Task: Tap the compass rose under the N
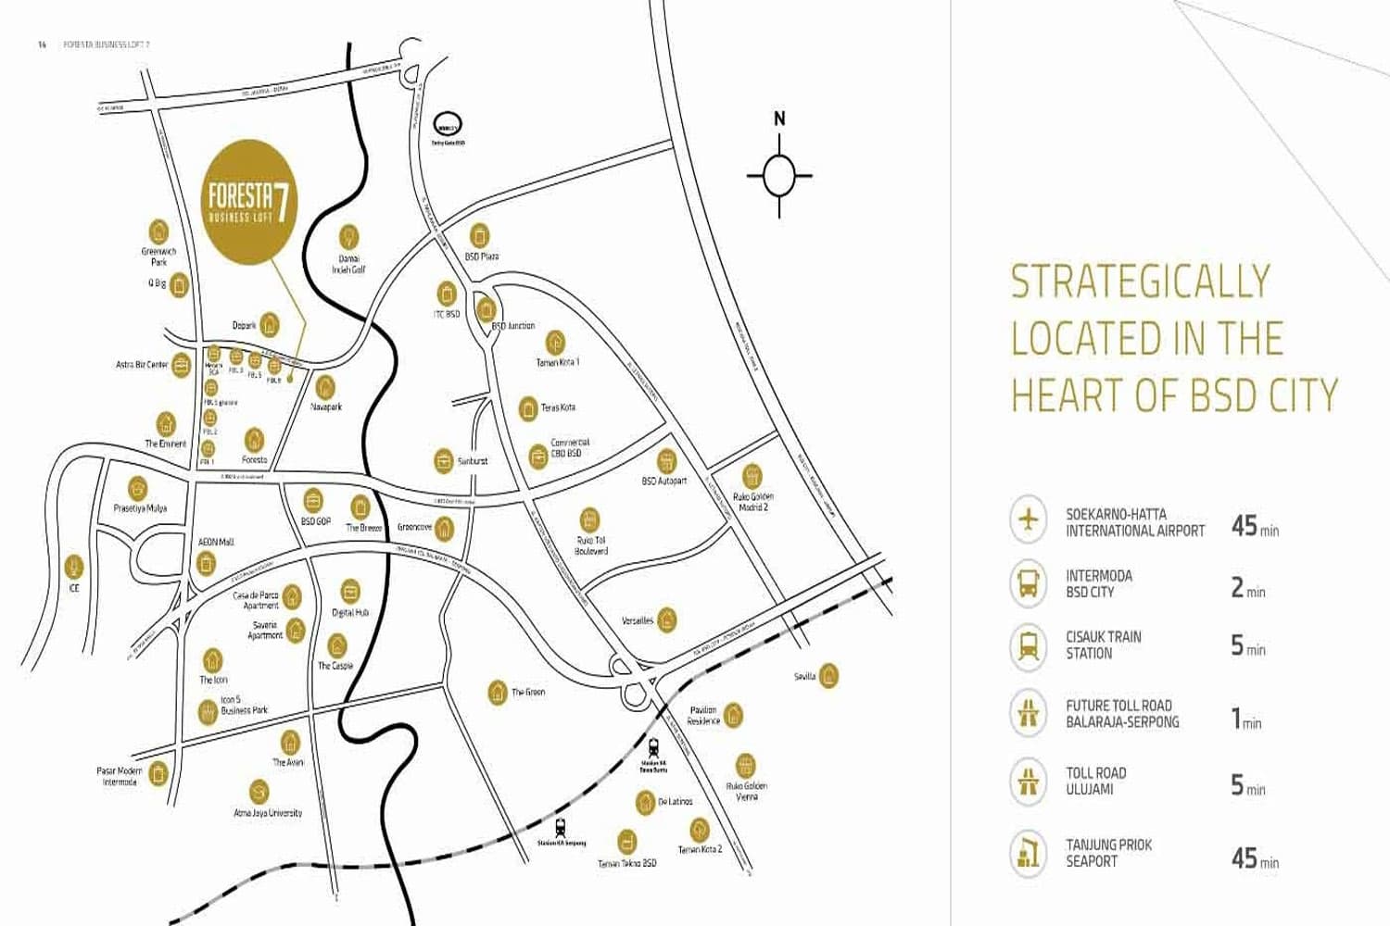pyautogui.click(x=779, y=175)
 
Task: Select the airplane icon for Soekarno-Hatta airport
pyautogui.click(x=1028, y=519)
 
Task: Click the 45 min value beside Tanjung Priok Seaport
pyautogui.click(x=1254, y=858)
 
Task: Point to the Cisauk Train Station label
pyautogui.click(x=1103, y=644)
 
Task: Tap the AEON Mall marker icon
pyautogui.click(x=206, y=562)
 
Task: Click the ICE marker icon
pyautogui.click(x=74, y=566)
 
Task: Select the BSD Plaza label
pyautogui.click(x=481, y=257)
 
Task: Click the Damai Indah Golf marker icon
pyautogui.click(x=348, y=236)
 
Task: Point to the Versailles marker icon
pyautogui.click(x=666, y=619)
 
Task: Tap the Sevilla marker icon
pyautogui.click(x=828, y=675)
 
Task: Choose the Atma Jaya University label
pyautogui.click(x=268, y=813)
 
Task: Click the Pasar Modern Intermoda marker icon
pyautogui.click(x=158, y=771)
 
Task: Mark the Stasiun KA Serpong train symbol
pyautogui.click(x=561, y=827)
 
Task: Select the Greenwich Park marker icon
pyautogui.click(x=158, y=231)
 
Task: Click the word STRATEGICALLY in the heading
pyautogui.click(x=1140, y=282)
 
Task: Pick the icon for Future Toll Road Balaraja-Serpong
pyautogui.click(x=1028, y=712)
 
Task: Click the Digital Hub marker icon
pyautogui.click(x=350, y=591)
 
